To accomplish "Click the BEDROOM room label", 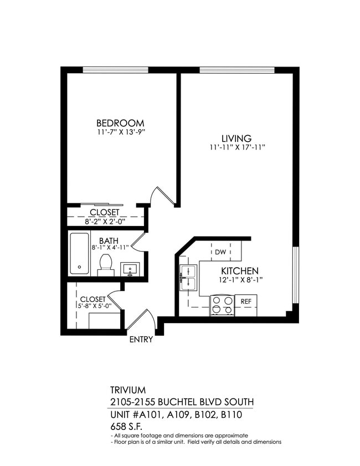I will (x=120, y=123).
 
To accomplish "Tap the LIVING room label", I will (x=236, y=139).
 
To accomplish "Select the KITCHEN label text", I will (x=240, y=271).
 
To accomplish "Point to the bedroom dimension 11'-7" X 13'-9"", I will (x=120, y=132).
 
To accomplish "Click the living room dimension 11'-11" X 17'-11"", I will (x=236, y=148).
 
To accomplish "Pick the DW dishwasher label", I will (x=220, y=252).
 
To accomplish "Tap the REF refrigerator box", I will (x=246, y=301).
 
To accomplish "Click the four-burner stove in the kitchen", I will (x=223, y=305).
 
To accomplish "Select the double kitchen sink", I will (x=189, y=277).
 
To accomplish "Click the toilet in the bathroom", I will (x=105, y=265).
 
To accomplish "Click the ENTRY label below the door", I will (x=141, y=340).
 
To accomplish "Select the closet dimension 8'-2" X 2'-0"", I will (x=105, y=221).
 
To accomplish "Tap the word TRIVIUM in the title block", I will (x=129, y=390).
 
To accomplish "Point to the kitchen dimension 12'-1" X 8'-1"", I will (x=240, y=280).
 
